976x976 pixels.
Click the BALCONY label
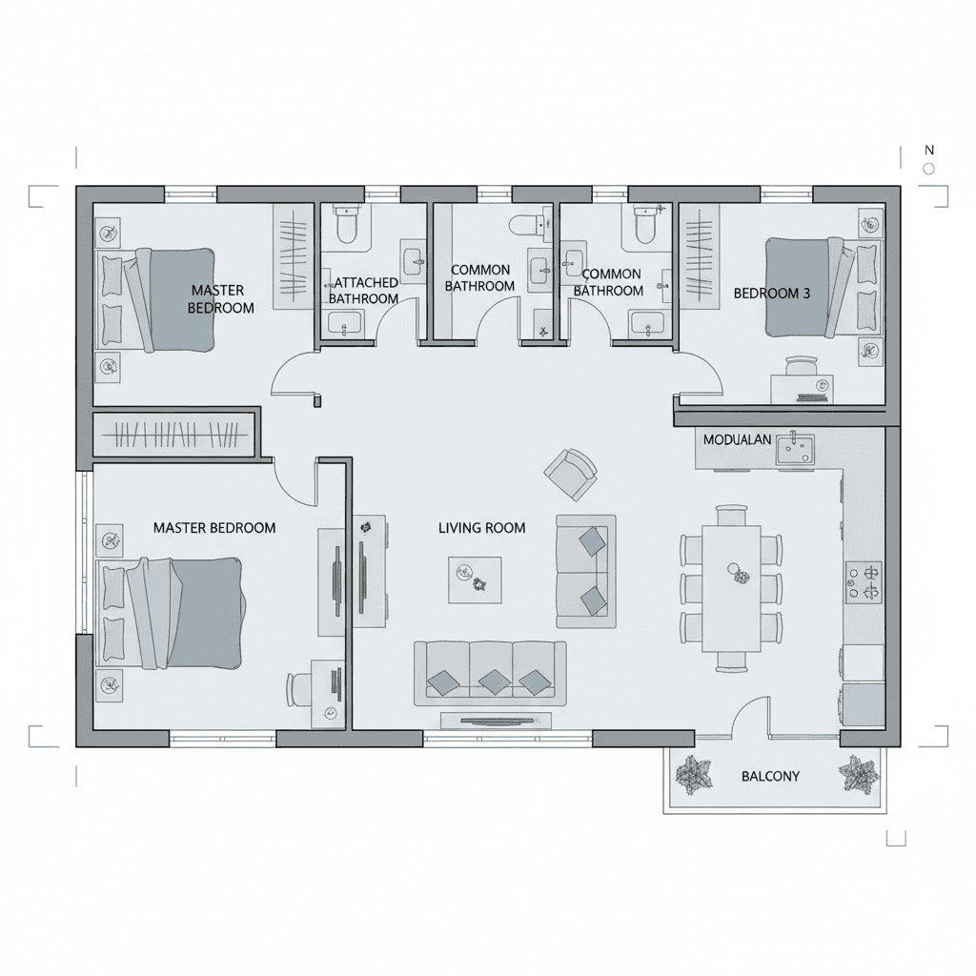tap(770, 776)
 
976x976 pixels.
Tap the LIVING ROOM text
tap(481, 528)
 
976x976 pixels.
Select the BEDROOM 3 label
tap(772, 294)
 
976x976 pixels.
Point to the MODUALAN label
tap(737, 439)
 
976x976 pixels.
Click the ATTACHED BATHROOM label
tap(364, 291)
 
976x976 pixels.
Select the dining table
tap(732, 588)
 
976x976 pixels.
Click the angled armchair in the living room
tap(570, 474)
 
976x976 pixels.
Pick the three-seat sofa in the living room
tap(491, 674)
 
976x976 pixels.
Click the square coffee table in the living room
tap(475, 580)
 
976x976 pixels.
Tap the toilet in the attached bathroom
tap(346, 224)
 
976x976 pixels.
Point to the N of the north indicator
tap(929, 150)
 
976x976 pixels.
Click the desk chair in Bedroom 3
tap(801, 366)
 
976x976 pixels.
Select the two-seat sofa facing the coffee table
tap(586, 571)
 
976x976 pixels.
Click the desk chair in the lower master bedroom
tap(298, 690)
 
